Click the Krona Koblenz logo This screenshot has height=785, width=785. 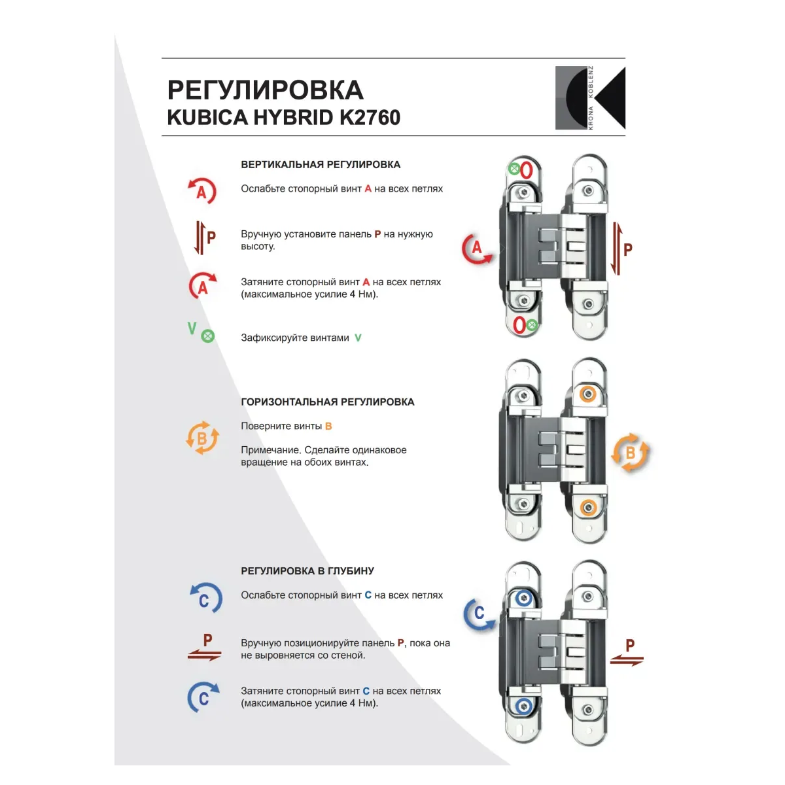590,97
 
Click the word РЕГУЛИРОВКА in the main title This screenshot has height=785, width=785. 265,90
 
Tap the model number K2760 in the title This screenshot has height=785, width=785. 370,118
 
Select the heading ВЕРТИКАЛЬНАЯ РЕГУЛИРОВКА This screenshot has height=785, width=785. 321,165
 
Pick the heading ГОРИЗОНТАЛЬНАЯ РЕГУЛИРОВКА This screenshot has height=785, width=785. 328,402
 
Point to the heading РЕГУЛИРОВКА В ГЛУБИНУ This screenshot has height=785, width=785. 307,570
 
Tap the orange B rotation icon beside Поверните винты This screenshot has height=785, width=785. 202,438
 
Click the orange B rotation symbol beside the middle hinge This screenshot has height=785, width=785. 630,452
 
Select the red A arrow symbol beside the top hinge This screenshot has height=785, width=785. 477,249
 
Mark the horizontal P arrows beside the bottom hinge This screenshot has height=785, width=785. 627,653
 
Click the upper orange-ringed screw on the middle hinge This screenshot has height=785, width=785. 588,394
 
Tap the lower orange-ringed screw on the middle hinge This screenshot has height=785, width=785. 588,508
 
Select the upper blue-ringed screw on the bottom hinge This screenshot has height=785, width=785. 524,598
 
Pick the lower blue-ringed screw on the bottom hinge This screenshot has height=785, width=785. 524,706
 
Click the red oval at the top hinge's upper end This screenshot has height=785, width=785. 527,170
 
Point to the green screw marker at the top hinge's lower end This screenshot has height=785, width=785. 532,325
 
